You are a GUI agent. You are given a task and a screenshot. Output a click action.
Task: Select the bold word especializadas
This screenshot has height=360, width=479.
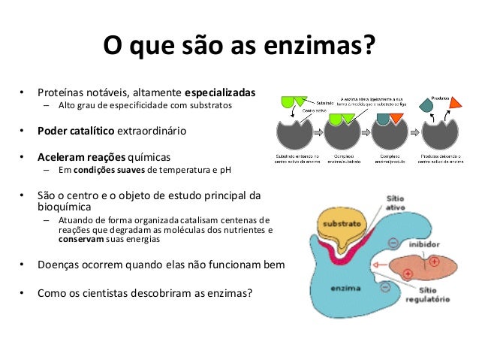click(x=220, y=93)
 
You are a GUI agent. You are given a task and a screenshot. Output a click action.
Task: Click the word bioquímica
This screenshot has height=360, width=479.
click(x=65, y=207)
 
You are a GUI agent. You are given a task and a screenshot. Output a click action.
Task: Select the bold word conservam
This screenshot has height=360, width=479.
click(x=81, y=241)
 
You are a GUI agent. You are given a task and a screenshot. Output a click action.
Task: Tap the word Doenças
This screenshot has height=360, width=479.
click(x=62, y=265)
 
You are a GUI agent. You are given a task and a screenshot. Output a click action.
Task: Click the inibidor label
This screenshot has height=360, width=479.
click(x=425, y=244)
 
